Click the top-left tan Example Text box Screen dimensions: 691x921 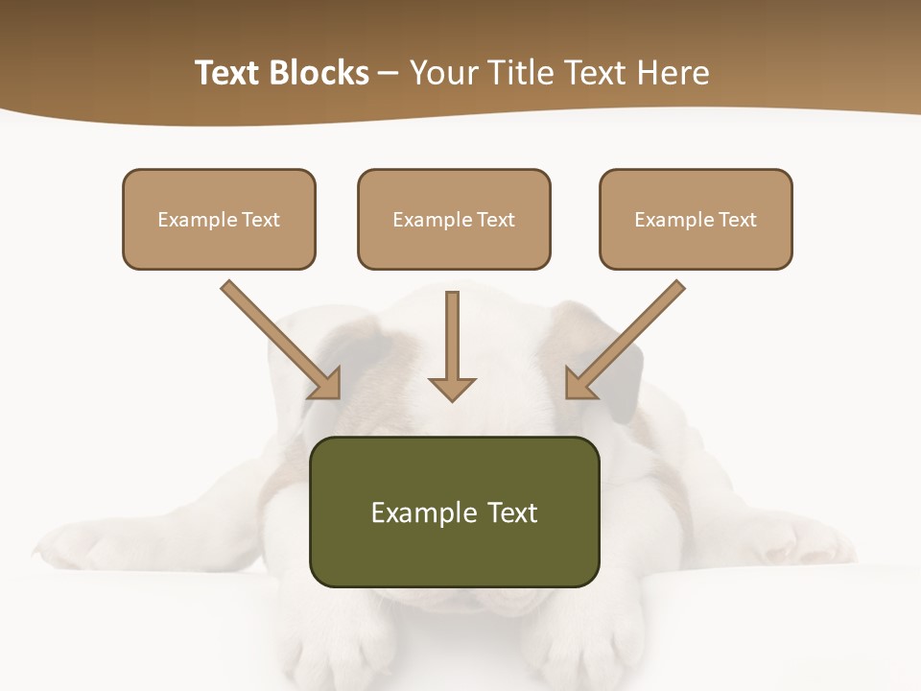tap(219, 219)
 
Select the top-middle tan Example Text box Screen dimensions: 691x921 tap(454, 219)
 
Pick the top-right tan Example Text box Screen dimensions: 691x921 tap(696, 219)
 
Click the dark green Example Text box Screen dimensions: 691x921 tap(454, 512)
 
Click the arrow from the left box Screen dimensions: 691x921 tap(278, 337)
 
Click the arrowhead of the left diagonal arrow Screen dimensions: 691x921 tap(326, 384)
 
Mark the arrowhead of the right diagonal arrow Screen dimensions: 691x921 tap(579, 384)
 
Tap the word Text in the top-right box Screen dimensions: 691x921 tap(738, 220)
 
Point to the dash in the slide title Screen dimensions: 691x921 tap(390, 73)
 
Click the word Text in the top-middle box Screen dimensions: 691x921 tap(496, 220)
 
